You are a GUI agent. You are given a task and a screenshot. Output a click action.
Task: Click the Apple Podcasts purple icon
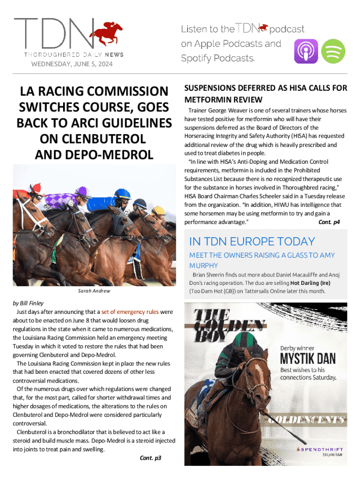point(306,51)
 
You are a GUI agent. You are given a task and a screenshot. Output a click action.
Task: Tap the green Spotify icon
point(333,51)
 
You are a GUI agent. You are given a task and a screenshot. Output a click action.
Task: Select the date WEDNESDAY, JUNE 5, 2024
point(72,64)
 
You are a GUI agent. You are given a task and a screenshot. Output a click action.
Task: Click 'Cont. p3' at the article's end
point(151,458)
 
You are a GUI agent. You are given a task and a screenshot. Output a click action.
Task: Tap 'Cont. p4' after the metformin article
point(329,222)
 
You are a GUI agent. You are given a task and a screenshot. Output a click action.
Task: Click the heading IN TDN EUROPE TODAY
point(252,241)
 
